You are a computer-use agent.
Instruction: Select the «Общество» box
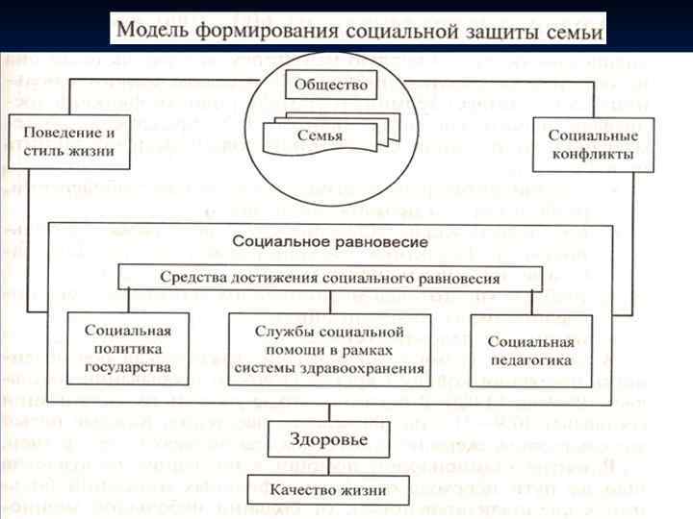coord(331,86)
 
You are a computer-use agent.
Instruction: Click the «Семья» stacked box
coord(321,135)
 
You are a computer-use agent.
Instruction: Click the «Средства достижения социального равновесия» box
coord(330,278)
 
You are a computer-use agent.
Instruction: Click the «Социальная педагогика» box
coord(530,349)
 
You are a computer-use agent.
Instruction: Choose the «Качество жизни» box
coord(328,489)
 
